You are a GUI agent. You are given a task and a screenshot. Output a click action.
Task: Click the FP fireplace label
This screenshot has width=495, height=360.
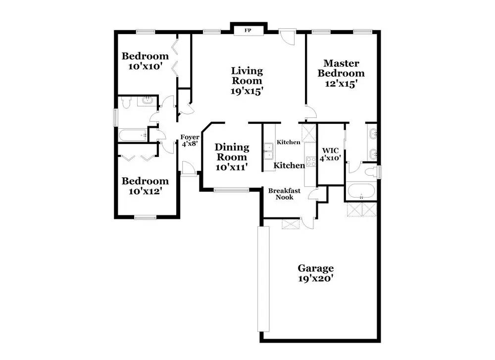click(x=248, y=31)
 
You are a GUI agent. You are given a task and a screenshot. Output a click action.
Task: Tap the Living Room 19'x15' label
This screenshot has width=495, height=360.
click(x=247, y=81)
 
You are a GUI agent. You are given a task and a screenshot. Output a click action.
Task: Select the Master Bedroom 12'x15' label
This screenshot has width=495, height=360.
click(x=341, y=73)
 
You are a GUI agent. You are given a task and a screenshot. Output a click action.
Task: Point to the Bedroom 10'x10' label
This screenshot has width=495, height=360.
click(x=145, y=61)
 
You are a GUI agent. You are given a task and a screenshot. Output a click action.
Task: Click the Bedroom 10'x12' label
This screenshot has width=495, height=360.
click(x=145, y=186)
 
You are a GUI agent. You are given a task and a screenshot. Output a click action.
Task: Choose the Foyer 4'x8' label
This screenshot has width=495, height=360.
click(x=190, y=140)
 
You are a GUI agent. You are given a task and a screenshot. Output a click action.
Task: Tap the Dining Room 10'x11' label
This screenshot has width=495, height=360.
click(x=232, y=157)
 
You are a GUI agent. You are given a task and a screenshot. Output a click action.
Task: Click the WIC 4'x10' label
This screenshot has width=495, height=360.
click(x=331, y=154)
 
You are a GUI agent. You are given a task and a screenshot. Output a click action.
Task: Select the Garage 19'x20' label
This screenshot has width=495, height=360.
click(x=316, y=273)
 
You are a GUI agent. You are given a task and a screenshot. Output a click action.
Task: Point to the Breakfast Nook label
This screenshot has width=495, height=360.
click(x=284, y=194)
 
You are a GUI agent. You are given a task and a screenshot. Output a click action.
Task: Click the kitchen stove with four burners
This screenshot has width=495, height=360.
click(x=311, y=161)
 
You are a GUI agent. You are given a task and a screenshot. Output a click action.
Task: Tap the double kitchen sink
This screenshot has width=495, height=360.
click(x=269, y=151)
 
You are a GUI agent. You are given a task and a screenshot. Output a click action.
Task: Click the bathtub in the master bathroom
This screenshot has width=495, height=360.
click(x=361, y=191)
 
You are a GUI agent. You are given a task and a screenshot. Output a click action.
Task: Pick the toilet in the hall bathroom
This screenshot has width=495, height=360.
click(x=126, y=103)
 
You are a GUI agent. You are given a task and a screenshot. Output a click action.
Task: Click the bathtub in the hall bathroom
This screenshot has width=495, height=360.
click(x=133, y=136)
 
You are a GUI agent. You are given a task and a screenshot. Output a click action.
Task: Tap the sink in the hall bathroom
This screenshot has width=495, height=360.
click(x=147, y=101)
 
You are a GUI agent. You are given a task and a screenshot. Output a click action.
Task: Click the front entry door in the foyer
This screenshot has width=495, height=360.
click(x=189, y=169)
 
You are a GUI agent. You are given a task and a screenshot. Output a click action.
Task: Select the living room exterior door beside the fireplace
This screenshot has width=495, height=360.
click(x=287, y=37)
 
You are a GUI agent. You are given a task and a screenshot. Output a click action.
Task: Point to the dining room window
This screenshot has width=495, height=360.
click(x=231, y=190)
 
